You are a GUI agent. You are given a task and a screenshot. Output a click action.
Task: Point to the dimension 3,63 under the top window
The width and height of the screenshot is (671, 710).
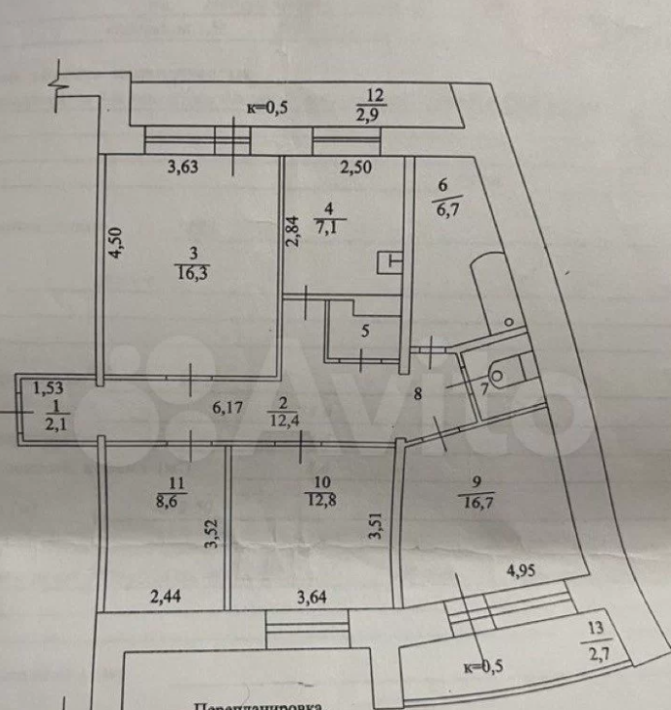[184, 167]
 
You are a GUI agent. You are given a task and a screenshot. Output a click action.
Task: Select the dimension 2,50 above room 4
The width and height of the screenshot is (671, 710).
[356, 167]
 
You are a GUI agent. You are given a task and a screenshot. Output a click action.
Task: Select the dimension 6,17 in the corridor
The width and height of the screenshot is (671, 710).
[228, 408]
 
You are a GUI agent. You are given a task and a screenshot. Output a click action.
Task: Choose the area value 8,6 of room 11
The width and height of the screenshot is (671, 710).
[174, 503]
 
